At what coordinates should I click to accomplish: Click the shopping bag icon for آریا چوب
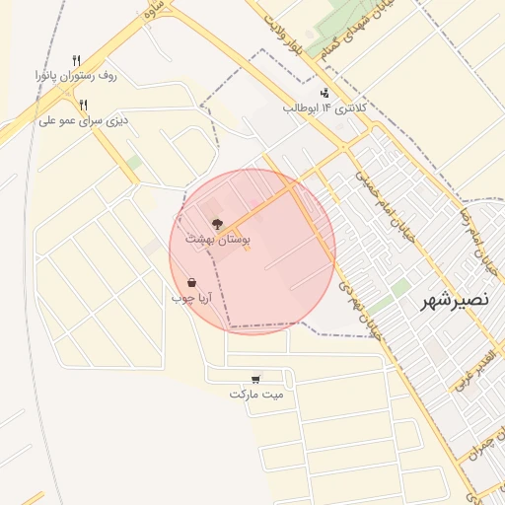[x=191, y=283]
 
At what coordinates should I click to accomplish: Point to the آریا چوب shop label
[x=191, y=297]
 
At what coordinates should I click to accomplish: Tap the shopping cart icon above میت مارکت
[x=256, y=379]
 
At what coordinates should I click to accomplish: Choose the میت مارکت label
[x=256, y=394]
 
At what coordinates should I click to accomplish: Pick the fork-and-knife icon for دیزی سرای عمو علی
[x=84, y=105]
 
